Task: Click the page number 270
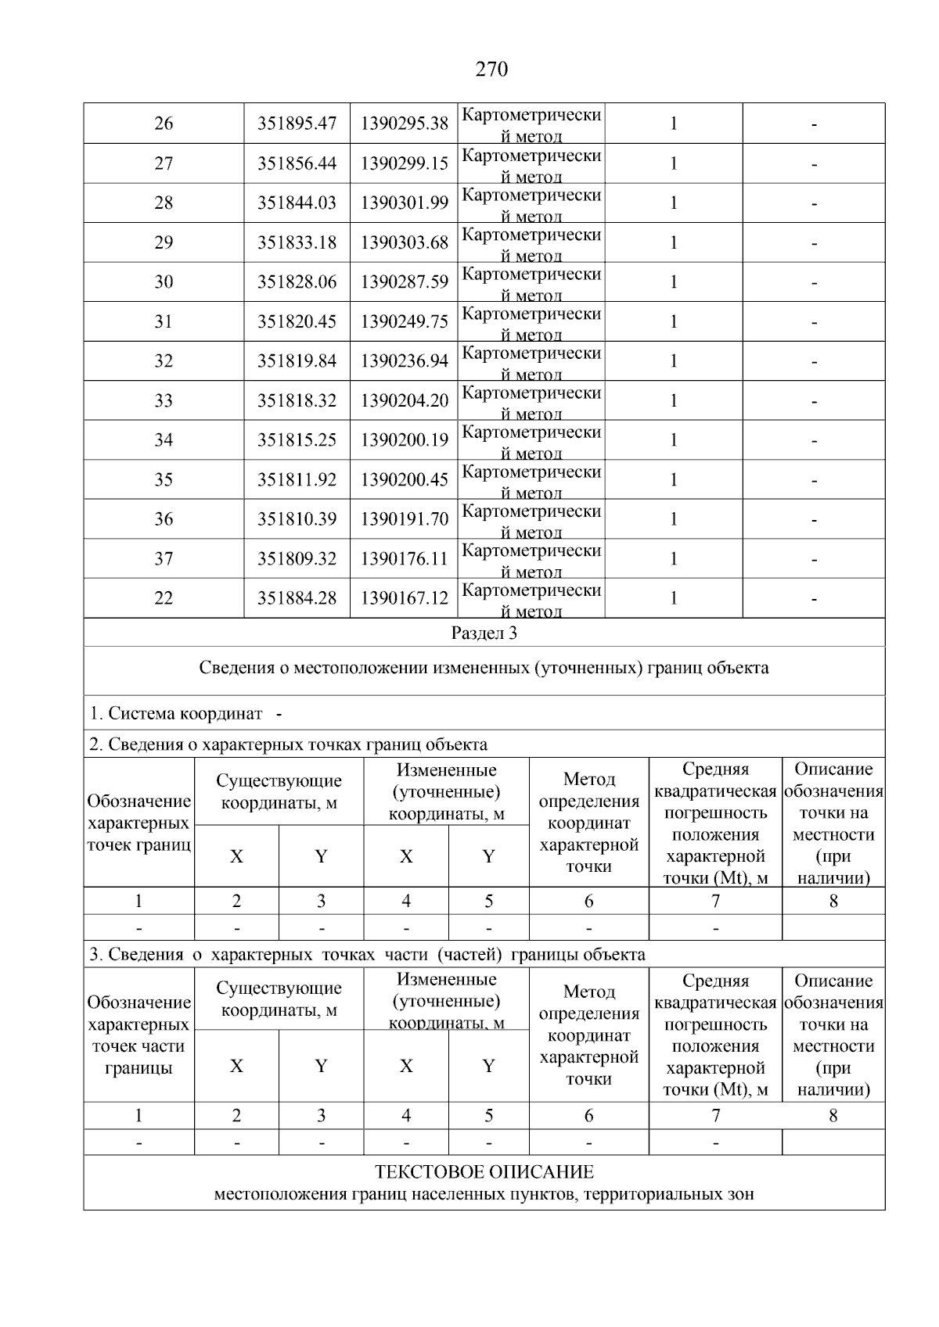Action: click(x=491, y=70)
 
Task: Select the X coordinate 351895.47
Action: click(x=297, y=124)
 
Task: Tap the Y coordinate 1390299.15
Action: click(x=404, y=163)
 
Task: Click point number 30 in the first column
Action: click(x=164, y=282)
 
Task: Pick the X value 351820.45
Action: click(x=297, y=321)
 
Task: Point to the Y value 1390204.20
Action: click(x=404, y=400)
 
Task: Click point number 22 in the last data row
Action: click(x=164, y=598)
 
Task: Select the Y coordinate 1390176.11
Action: click(x=404, y=558)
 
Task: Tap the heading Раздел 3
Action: click(x=484, y=633)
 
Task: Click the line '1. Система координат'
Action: click(x=176, y=713)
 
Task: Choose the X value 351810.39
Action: click(x=297, y=519)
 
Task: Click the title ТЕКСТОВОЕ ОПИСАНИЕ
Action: click(x=484, y=1172)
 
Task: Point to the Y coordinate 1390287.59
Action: click(x=404, y=282)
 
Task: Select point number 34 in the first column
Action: click(x=164, y=440)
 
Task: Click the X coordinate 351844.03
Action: click(x=297, y=203)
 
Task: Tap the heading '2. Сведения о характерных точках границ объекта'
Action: click(x=288, y=744)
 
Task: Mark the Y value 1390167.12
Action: click(x=404, y=598)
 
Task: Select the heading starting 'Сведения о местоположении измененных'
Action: click(x=484, y=668)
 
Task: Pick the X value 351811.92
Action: click(x=297, y=479)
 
